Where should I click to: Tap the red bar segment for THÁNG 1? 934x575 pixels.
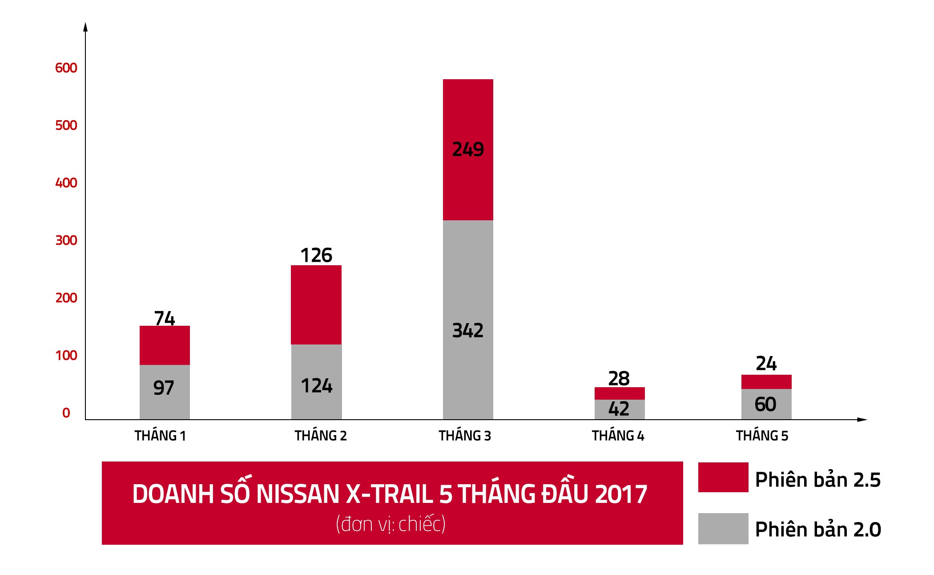[165, 345]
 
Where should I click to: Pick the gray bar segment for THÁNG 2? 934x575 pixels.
[316, 365]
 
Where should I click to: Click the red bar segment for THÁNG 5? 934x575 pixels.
[766, 382]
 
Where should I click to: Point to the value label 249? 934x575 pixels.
[468, 150]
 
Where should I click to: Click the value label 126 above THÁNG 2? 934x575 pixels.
[316, 255]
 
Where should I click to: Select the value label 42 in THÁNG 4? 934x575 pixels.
[619, 409]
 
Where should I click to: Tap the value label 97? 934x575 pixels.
[164, 388]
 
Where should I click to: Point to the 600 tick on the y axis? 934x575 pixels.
[66, 68]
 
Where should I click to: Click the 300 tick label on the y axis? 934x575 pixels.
[66, 241]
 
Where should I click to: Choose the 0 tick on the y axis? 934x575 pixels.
[66, 413]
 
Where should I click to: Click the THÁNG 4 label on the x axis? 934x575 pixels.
[618, 436]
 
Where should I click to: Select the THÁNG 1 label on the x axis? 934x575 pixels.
[160, 436]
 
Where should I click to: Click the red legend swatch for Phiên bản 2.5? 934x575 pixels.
[723, 477]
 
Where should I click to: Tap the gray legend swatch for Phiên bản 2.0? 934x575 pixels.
[723, 528]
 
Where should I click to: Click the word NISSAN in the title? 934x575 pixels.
[298, 494]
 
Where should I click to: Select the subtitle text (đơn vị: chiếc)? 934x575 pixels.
[391, 524]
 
